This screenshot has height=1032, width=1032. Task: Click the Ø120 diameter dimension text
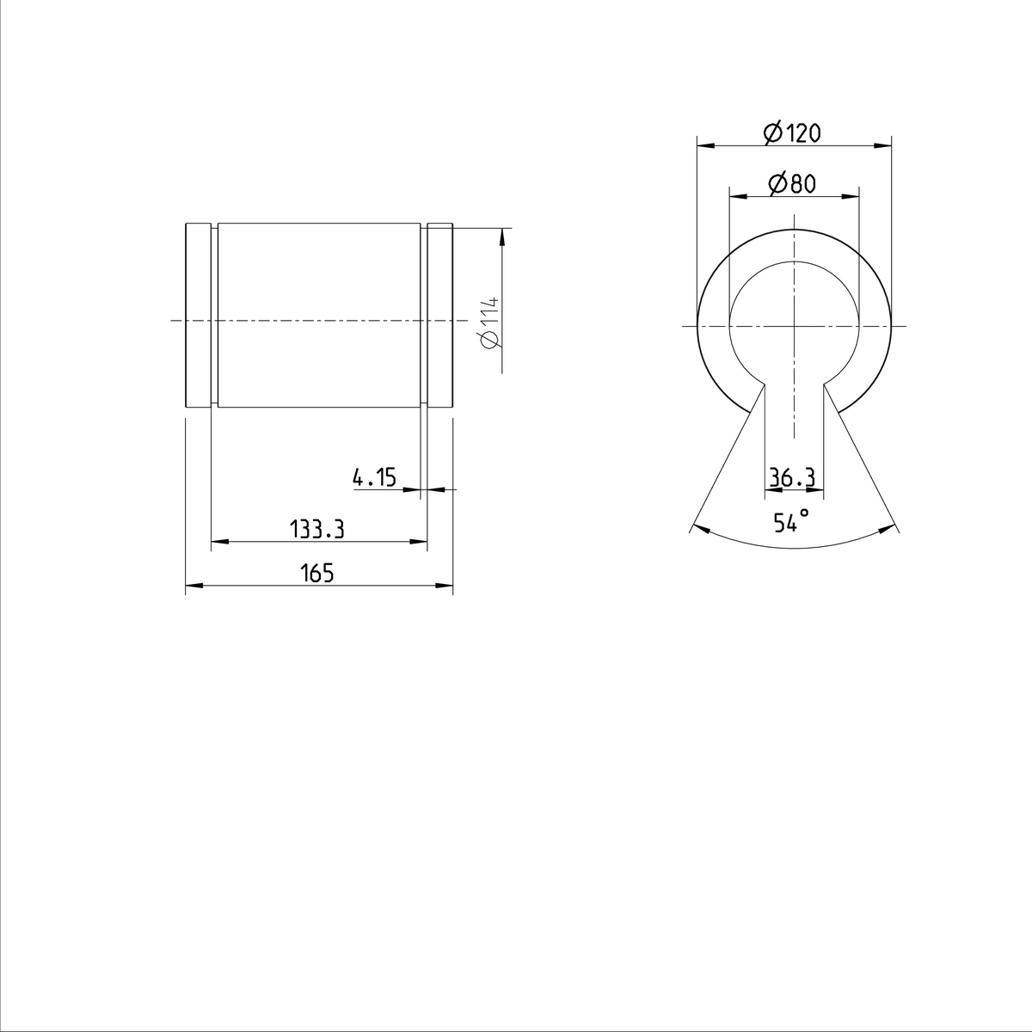point(792,132)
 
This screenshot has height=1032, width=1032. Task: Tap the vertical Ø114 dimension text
point(489,322)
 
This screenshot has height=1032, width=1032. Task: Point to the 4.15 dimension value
point(375,477)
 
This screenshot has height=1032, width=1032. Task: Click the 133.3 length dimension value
point(317,529)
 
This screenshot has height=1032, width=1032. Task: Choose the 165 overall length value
point(317,574)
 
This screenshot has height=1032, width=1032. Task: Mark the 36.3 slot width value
point(792,478)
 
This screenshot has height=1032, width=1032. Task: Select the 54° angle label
point(790,521)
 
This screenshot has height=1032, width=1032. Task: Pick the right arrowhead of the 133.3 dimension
point(421,542)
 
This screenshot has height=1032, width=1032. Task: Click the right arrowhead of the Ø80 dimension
point(852,196)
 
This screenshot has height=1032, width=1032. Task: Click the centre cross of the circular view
point(794,326)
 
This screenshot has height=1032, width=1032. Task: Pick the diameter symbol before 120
point(772,132)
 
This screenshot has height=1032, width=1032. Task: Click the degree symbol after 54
point(805,513)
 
